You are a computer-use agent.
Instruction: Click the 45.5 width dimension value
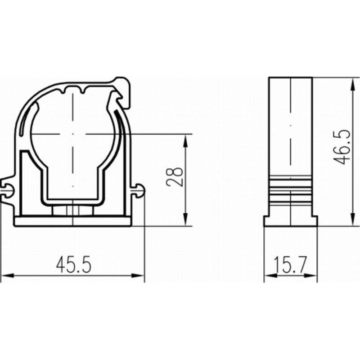(73, 265)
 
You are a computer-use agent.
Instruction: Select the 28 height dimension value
(175, 177)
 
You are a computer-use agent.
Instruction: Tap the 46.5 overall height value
(342, 147)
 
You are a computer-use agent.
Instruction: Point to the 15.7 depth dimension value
(290, 265)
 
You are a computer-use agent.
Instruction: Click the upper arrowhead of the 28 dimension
(186, 140)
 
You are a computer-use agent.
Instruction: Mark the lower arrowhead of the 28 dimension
(186, 220)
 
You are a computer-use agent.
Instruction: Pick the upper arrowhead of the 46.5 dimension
(352, 84)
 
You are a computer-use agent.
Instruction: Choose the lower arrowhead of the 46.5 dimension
(352, 220)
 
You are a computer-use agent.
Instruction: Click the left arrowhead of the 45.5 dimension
(7, 275)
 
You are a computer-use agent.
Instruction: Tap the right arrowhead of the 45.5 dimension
(138, 275)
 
